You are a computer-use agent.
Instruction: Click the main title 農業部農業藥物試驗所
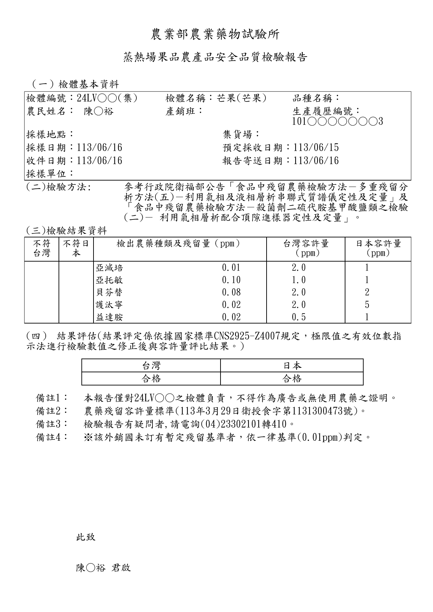(x=215, y=34)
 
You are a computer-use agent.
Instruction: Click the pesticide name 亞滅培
(x=109, y=268)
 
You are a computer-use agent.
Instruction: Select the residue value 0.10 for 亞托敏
(x=231, y=280)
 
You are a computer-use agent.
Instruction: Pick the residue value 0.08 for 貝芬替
(x=231, y=292)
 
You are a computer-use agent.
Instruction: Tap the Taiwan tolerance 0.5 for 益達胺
(x=298, y=317)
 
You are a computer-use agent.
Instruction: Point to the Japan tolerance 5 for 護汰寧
(x=367, y=305)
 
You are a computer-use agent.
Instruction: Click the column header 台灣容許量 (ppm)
(x=306, y=248)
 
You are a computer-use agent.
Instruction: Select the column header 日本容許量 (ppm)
(x=378, y=248)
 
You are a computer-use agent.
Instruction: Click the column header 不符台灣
(x=42, y=248)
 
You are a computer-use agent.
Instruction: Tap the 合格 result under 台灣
(x=151, y=379)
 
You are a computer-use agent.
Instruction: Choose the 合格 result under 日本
(x=292, y=379)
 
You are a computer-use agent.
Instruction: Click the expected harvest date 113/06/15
(x=316, y=148)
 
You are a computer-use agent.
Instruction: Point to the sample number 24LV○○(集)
(x=107, y=98)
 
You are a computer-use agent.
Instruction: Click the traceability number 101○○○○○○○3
(x=337, y=121)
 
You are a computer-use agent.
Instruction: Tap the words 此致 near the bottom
(x=85, y=537)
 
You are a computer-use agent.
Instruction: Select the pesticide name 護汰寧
(x=109, y=305)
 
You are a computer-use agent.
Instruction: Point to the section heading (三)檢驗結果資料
(x=66, y=230)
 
